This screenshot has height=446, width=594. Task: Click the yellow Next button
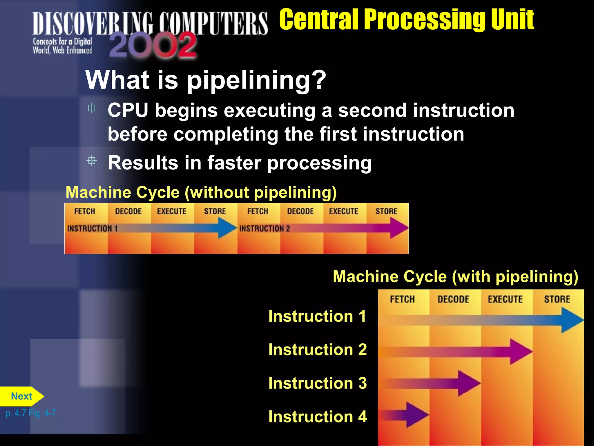(x=21, y=396)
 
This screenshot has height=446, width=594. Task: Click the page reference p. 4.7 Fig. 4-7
(x=31, y=413)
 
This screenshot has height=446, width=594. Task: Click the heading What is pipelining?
(x=206, y=80)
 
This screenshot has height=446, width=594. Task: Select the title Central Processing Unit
(x=406, y=19)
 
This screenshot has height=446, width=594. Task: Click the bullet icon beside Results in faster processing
(x=92, y=161)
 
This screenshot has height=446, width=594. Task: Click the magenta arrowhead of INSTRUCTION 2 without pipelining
(x=399, y=228)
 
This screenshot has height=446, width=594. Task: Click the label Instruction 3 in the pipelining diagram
(x=318, y=383)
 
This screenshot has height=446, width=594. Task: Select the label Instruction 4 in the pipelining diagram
(x=318, y=417)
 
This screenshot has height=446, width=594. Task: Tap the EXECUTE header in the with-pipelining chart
(x=505, y=299)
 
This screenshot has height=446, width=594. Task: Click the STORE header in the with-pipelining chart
(x=557, y=299)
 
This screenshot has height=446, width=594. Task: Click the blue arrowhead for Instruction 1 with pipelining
(x=571, y=320)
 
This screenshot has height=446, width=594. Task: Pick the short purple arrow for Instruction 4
(x=406, y=415)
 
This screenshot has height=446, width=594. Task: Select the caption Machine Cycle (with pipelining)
(x=455, y=276)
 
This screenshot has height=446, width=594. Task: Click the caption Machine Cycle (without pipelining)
(x=201, y=193)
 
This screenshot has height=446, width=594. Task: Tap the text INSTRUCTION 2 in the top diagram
(x=265, y=229)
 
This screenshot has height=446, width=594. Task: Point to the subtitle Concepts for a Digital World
(x=62, y=46)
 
